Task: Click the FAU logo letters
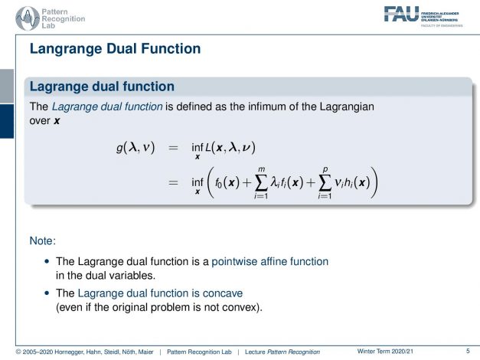click(401, 14)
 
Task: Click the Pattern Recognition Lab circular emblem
click(28, 18)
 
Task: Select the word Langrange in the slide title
click(66, 49)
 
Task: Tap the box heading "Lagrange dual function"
click(102, 87)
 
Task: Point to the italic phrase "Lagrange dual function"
click(107, 107)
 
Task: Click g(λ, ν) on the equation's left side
click(136, 148)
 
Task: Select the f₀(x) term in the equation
click(227, 182)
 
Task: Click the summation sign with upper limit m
click(261, 183)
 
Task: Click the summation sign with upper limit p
click(325, 183)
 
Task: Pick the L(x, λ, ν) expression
click(230, 148)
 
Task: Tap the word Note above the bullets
click(43, 241)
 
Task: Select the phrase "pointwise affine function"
click(270, 262)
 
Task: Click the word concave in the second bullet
click(223, 293)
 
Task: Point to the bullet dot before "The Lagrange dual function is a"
click(47, 261)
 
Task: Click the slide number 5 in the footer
click(468, 351)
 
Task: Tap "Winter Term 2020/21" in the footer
click(385, 352)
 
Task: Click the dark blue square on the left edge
click(7, 121)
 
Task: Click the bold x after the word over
click(57, 121)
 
